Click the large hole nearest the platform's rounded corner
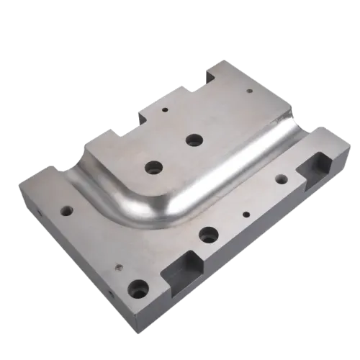(x=153, y=167)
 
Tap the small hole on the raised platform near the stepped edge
(x=165, y=112)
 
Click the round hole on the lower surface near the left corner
(x=66, y=212)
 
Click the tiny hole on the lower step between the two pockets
(x=246, y=214)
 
